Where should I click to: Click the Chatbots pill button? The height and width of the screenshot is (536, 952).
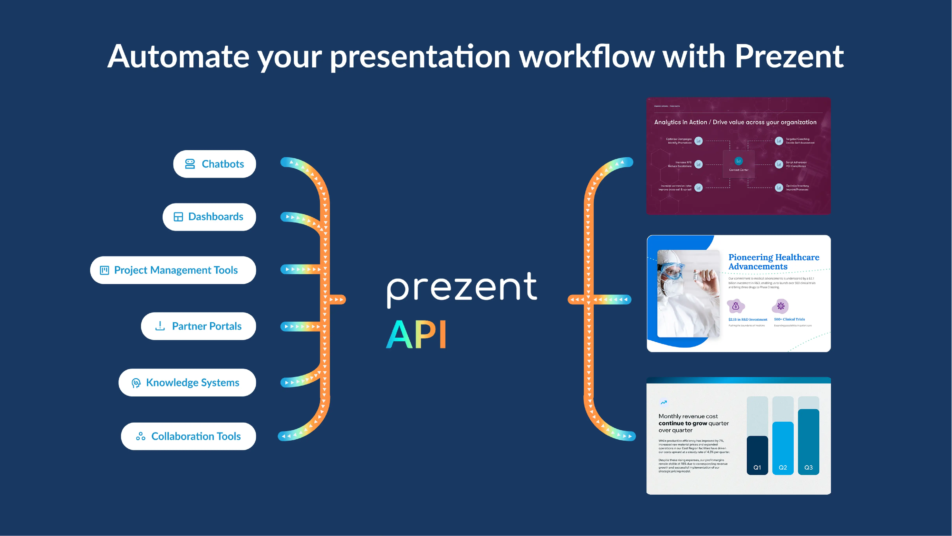tap(214, 164)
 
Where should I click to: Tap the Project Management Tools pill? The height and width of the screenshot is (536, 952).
tap(173, 270)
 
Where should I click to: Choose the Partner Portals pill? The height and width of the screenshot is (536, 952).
tap(198, 326)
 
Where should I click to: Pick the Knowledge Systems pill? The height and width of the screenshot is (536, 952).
tap(187, 383)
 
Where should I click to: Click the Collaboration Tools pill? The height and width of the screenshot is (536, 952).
tap(188, 436)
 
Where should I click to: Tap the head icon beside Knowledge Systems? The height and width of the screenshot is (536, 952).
tap(136, 383)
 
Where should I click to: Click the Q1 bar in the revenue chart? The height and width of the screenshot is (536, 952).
tap(757, 455)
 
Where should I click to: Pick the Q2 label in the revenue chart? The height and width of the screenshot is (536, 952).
tap(783, 468)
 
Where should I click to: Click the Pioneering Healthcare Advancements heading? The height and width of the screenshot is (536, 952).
tap(774, 262)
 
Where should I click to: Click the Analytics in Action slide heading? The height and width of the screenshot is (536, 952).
tap(735, 122)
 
